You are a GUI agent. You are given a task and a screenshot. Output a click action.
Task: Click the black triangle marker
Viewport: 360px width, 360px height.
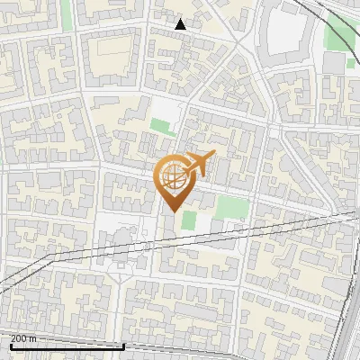(181, 24)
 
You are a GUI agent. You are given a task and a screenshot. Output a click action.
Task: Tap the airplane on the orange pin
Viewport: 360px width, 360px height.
(199, 163)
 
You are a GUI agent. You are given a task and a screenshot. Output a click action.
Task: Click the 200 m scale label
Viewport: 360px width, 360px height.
(23, 338)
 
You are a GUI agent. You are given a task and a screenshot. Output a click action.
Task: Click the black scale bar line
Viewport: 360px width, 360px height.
(67, 346)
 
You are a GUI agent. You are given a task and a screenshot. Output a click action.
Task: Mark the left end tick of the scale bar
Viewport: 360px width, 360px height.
(10, 345)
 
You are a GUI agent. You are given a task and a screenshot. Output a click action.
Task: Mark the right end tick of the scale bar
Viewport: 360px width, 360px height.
(123, 345)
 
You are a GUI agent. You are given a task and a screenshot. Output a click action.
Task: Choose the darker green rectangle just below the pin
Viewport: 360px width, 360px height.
(188, 220)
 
